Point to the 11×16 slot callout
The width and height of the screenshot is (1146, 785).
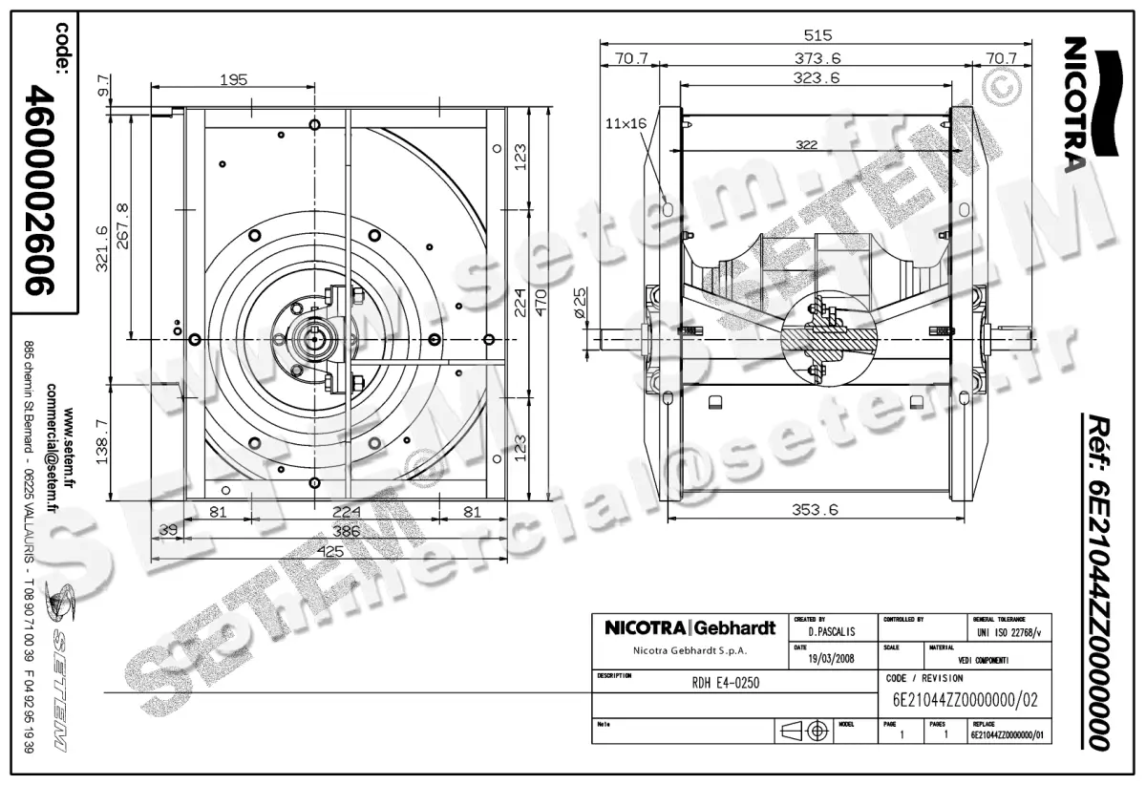pyautogui.click(x=626, y=123)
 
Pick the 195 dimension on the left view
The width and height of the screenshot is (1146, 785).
pyautogui.click(x=233, y=80)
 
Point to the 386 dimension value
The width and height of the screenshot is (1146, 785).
pyautogui.click(x=331, y=530)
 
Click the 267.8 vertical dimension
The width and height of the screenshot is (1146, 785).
pyautogui.click(x=121, y=223)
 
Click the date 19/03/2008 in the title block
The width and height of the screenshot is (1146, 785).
pyautogui.click(x=831, y=659)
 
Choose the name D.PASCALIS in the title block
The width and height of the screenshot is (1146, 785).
pyautogui.click(x=831, y=632)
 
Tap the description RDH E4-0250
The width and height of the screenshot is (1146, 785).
pyautogui.click(x=726, y=683)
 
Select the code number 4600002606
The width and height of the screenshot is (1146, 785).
pyautogui.click(x=43, y=191)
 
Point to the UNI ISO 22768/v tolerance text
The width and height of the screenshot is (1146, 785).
pyautogui.click(x=1010, y=632)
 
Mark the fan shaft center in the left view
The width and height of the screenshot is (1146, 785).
pyautogui.click(x=316, y=339)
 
